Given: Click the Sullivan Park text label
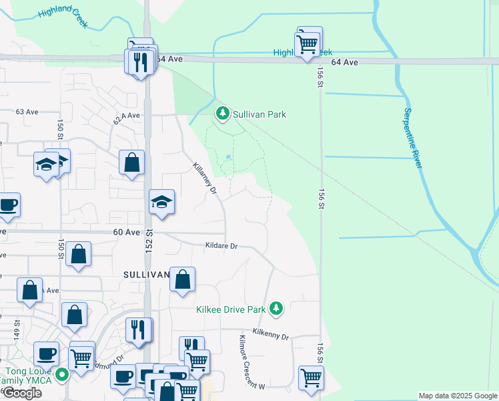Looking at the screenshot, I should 260,114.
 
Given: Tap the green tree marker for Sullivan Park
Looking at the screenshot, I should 223,114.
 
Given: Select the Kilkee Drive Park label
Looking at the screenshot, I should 231,309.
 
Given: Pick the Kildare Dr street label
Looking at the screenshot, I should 221,246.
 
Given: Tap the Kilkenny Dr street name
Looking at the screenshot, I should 271,335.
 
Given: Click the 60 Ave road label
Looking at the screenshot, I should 127,232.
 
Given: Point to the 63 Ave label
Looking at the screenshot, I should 27,112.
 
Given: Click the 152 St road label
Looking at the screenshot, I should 149,241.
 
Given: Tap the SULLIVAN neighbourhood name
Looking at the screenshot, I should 145,275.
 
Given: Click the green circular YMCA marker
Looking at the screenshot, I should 62,375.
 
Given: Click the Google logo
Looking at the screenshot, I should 21,393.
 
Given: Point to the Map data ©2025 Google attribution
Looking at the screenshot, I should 457,396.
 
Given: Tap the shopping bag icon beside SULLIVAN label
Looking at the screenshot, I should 182,279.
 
